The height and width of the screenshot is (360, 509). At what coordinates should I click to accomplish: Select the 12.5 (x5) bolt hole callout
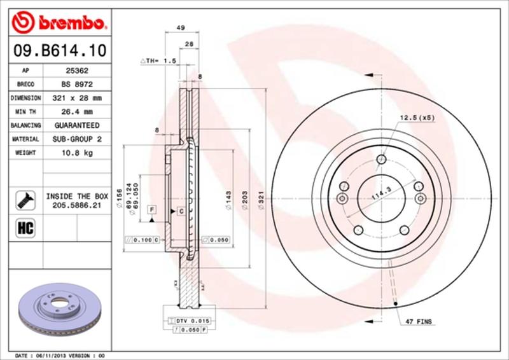[417, 118]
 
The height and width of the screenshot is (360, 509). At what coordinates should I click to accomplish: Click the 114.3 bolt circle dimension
[379, 194]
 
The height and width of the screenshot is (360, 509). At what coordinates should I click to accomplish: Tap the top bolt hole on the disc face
[380, 160]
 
